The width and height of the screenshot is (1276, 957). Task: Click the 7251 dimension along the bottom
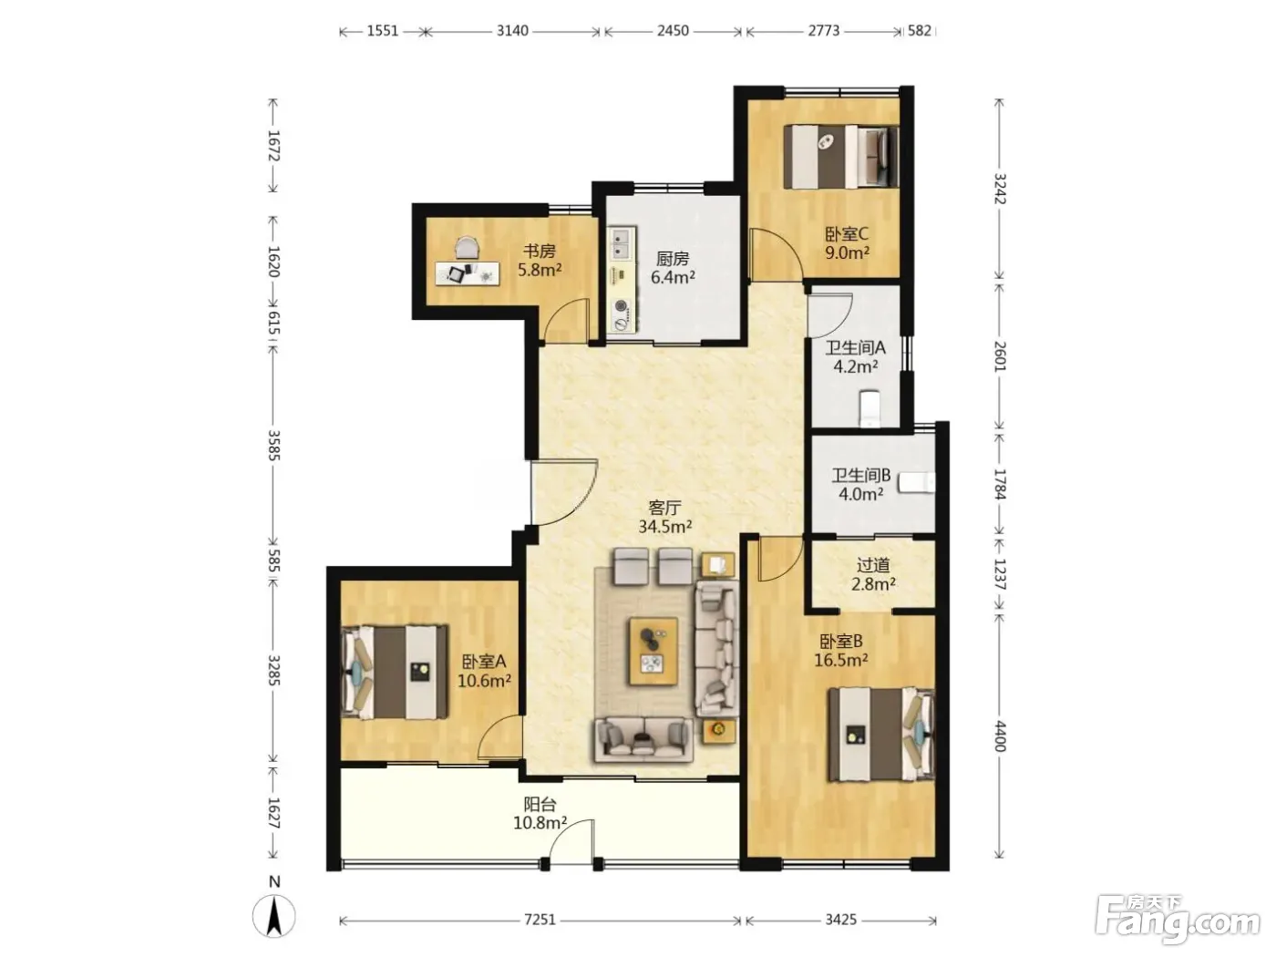[x=540, y=920]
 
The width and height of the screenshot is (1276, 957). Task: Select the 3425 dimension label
[x=840, y=920]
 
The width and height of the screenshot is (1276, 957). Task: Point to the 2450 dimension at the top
[x=673, y=31]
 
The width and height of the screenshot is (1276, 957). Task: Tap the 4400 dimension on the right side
[x=999, y=736]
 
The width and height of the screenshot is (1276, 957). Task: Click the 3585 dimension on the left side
[x=273, y=445]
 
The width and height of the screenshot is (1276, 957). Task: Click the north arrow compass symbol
[x=273, y=916]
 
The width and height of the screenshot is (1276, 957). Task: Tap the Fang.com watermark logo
[x=1178, y=919]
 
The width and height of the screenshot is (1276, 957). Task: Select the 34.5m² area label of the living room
[x=665, y=527]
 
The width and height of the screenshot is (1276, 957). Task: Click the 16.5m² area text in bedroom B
[x=841, y=660]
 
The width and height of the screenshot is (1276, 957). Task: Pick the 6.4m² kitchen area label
[x=673, y=277]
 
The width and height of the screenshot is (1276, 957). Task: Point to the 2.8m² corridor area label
[x=873, y=583]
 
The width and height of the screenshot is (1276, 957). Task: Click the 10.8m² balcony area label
[x=540, y=823]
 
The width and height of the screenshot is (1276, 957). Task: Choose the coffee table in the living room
[x=653, y=651]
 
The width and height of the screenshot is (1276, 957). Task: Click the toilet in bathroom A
[x=870, y=407]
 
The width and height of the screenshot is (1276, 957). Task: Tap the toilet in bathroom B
[x=917, y=483]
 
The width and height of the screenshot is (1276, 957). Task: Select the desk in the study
[x=468, y=273]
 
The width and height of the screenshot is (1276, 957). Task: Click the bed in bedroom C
[x=840, y=157]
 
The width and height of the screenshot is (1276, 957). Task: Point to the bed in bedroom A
[x=396, y=672]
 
